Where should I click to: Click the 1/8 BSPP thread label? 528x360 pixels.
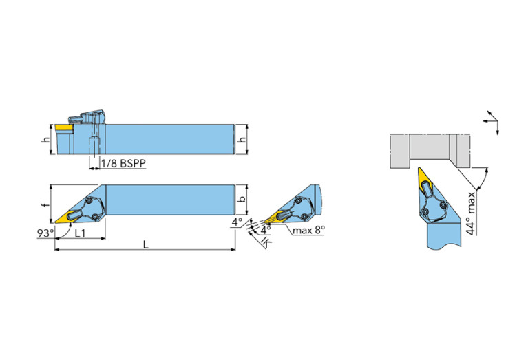(x=123, y=163)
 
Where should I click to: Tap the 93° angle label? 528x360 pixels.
(x=45, y=233)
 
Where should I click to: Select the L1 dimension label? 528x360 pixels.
(x=80, y=233)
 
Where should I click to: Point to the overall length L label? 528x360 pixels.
(x=145, y=244)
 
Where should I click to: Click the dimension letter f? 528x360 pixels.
(x=46, y=204)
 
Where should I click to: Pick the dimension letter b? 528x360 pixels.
(x=242, y=200)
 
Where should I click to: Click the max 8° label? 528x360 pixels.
(x=308, y=231)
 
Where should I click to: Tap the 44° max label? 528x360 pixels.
(x=472, y=213)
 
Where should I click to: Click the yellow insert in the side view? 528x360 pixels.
(x=64, y=127)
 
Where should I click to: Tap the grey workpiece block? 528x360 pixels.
(x=430, y=151)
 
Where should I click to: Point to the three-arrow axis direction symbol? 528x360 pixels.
(x=492, y=122)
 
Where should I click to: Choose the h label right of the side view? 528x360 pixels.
(x=242, y=139)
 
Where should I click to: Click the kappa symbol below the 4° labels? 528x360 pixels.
(x=266, y=242)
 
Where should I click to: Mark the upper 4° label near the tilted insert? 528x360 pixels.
(x=237, y=222)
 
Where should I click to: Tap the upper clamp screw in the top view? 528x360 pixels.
(x=89, y=201)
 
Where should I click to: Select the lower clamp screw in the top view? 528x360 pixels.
(x=95, y=216)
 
